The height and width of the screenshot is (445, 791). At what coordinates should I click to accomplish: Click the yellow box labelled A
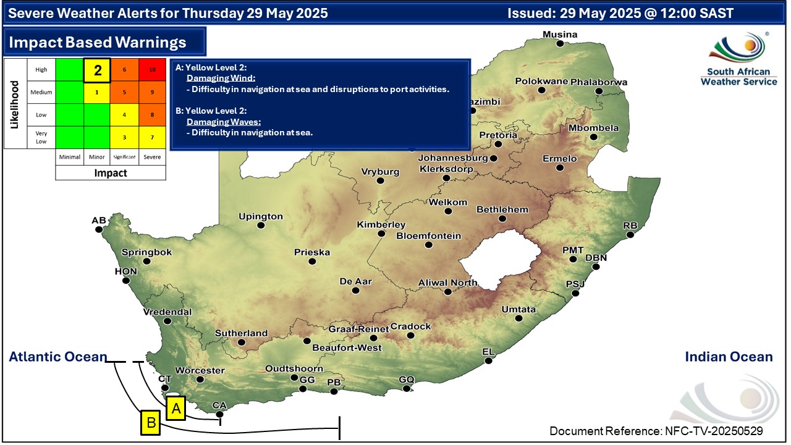pyautogui.click(x=176, y=409)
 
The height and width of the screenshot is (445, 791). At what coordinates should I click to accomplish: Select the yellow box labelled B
pyautogui.click(x=150, y=423)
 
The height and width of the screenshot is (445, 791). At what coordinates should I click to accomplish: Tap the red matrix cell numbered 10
pyautogui.click(x=152, y=70)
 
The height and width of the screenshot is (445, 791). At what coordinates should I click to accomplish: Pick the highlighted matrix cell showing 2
pyautogui.click(x=97, y=70)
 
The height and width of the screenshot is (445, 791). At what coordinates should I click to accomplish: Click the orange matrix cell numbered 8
pyautogui.click(x=152, y=114)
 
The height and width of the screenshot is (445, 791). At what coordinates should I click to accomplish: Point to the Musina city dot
pyautogui.click(x=560, y=44)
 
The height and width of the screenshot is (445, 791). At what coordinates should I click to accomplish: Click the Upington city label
pyautogui.click(x=261, y=216)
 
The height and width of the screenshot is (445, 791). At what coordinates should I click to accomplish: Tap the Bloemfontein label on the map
pyautogui.click(x=428, y=235)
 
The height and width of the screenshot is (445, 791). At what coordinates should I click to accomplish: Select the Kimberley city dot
pyautogui.click(x=381, y=234)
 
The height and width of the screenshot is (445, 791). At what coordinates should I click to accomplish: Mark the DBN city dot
pyautogui.click(x=596, y=267)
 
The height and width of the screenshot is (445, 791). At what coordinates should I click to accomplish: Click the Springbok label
pyautogui.click(x=146, y=252)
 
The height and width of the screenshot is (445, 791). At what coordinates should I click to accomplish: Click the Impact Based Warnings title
pyautogui.click(x=97, y=42)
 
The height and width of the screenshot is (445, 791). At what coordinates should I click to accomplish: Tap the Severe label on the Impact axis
pyautogui.click(x=152, y=157)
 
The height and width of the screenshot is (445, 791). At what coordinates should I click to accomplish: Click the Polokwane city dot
pyautogui.click(x=542, y=90)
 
